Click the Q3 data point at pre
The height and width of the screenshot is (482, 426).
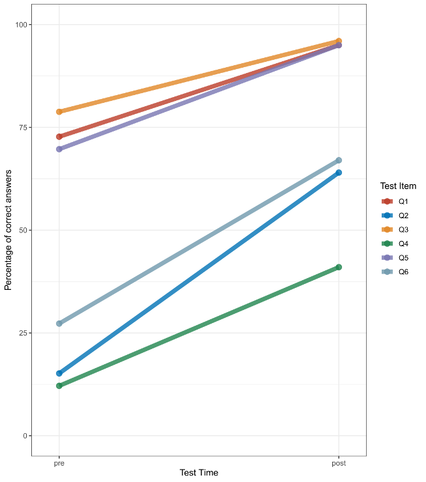point(59,111)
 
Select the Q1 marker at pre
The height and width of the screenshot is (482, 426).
point(59,137)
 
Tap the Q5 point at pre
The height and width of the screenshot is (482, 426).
point(59,149)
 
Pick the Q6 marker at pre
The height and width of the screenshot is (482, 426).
point(59,323)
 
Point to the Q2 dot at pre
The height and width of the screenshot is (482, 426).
point(59,373)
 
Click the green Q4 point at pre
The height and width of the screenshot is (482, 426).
point(59,386)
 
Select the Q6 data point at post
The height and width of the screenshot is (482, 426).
point(339,160)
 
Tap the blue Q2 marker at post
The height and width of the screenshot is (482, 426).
point(339,173)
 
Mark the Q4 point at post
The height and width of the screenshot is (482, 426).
point(339,267)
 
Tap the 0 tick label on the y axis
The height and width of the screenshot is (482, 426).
point(25,435)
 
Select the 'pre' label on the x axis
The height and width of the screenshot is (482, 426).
point(59,463)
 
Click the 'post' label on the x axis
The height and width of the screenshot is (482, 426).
point(339,463)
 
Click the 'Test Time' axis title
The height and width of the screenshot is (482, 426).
point(199,473)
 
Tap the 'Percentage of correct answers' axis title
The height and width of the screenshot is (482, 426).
point(8,230)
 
